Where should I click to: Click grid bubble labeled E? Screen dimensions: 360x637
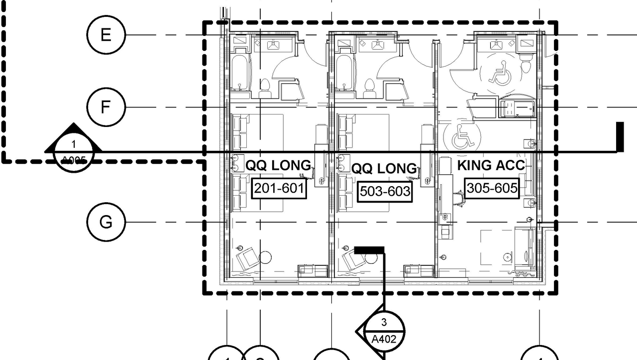(x=106, y=35)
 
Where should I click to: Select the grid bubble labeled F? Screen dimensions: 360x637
(x=106, y=107)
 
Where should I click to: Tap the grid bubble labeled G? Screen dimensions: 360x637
(x=106, y=222)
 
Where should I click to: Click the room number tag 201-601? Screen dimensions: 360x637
(x=279, y=188)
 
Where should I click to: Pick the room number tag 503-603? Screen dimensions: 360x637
(x=385, y=191)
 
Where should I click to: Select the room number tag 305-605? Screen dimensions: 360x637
(x=492, y=188)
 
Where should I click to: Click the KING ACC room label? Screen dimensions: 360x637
(x=491, y=165)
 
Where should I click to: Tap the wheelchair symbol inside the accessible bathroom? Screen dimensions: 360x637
(x=498, y=72)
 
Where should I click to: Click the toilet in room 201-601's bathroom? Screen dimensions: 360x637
(x=265, y=88)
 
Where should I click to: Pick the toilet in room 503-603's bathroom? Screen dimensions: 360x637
(x=369, y=88)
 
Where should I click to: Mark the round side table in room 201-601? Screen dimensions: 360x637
(x=266, y=257)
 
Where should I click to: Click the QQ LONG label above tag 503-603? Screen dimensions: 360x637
(x=384, y=168)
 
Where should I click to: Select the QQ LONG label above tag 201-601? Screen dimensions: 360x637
(x=279, y=165)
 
